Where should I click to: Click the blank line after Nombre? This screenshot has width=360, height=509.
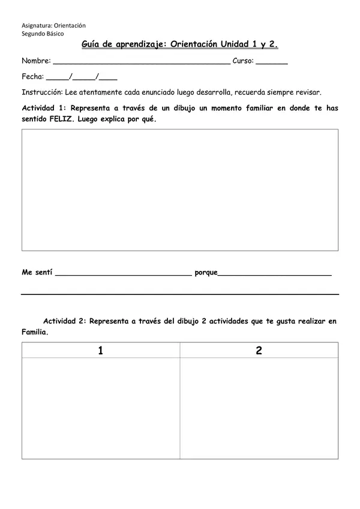(x=142, y=62)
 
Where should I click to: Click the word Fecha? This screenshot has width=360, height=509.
(x=32, y=77)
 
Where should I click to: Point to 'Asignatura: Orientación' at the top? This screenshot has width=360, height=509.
(x=53, y=26)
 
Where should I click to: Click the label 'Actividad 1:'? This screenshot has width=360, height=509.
(x=44, y=108)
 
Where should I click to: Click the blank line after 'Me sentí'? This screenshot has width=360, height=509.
(x=123, y=273)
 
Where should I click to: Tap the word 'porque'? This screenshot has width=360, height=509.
(x=206, y=272)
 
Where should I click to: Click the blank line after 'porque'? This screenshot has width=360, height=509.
(x=274, y=273)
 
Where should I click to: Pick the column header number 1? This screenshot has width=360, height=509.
(x=100, y=351)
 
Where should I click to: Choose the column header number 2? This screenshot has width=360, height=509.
(x=259, y=351)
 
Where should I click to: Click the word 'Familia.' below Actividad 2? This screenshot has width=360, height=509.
(x=35, y=332)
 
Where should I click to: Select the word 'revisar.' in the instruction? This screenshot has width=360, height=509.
(x=308, y=92)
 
